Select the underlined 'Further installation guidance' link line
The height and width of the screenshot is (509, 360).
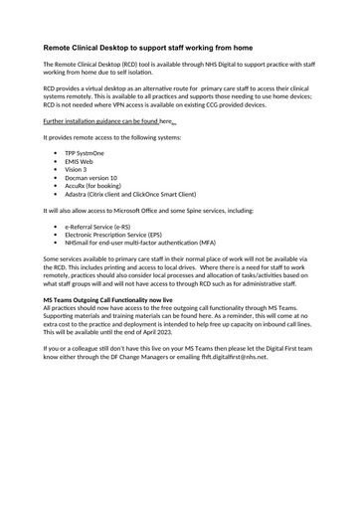pos(99,119)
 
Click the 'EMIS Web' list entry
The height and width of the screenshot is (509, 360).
pos(80,161)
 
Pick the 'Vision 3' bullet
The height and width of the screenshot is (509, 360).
pos(77,170)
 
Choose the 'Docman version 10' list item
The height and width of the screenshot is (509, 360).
pos(90,178)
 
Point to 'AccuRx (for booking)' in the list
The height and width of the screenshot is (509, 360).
pos(93,186)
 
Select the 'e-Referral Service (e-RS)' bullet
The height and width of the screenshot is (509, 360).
pos(97,227)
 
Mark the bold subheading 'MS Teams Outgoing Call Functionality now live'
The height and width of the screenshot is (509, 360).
pos(108,299)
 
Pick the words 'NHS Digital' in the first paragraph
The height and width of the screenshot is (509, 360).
pos(207,64)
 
